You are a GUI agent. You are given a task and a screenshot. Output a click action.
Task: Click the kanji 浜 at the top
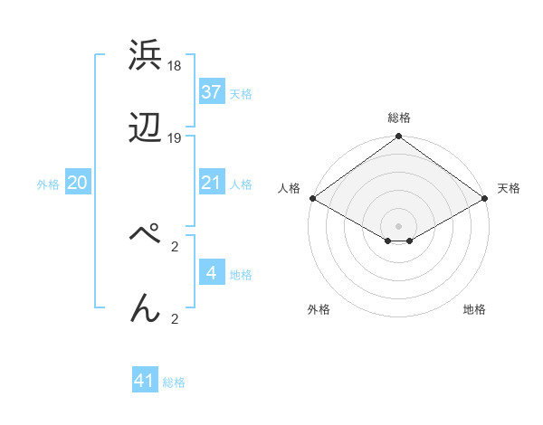click(x=146, y=56)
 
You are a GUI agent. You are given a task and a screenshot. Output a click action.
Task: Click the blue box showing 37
click(x=212, y=92)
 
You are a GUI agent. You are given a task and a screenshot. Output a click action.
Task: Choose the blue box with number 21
click(x=212, y=183)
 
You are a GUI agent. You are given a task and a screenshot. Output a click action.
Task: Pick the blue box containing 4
click(x=212, y=273)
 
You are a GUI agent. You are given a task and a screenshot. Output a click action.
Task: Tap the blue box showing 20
click(x=78, y=183)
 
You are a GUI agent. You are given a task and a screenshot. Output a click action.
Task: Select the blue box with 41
click(x=145, y=381)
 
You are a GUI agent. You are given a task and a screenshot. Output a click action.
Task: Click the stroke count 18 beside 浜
click(x=175, y=66)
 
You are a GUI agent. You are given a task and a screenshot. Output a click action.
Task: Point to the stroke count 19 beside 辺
click(x=175, y=138)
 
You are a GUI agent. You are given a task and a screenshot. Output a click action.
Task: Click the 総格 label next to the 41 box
click(x=174, y=382)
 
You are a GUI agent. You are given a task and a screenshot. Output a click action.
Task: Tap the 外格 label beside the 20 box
click(x=48, y=184)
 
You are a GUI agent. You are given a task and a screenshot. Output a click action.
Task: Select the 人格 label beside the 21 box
click(x=241, y=184)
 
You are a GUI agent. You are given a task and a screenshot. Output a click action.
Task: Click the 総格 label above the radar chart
click(x=399, y=118)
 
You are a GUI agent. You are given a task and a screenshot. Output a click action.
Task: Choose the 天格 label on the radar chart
click(x=509, y=188)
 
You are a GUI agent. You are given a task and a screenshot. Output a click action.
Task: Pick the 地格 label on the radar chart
click(x=474, y=309)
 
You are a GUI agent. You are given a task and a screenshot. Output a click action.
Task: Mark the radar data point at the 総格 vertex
click(x=398, y=137)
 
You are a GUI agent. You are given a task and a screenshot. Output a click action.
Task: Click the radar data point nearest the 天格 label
click(x=486, y=198)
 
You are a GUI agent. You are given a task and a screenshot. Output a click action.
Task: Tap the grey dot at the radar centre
click(x=398, y=225)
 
